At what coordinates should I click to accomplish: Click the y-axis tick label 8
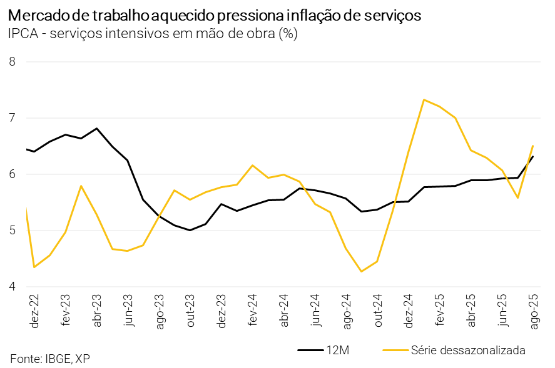coord(12,61)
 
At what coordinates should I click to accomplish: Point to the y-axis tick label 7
coord(12,117)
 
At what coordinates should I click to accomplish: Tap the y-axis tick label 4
coord(12,287)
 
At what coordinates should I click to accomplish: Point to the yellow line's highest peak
coord(424,99)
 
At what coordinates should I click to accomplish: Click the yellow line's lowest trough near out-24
coord(361,271)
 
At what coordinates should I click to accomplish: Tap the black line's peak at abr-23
coord(96,128)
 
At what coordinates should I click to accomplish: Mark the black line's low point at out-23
coord(190,230)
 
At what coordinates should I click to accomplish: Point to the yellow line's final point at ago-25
coord(532,146)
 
